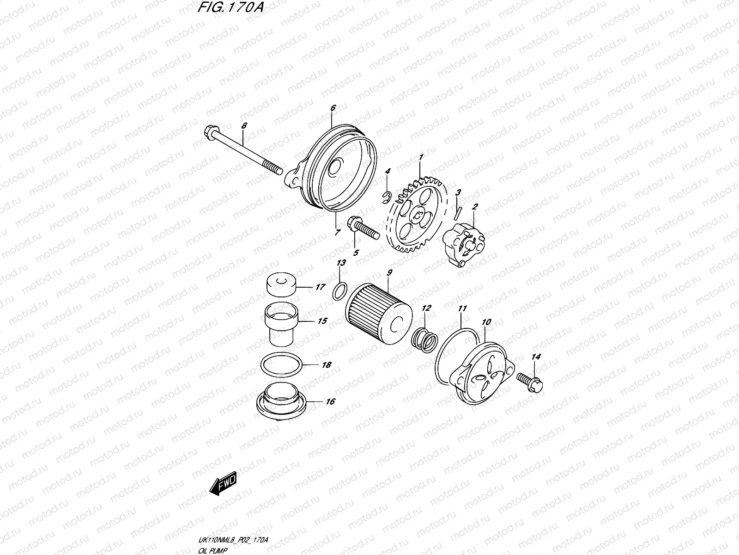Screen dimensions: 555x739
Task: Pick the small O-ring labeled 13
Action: pyautogui.click(x=339, y=291)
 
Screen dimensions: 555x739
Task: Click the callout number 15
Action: pyautogui.click(x=322, y=321)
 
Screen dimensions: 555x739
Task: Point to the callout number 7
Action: pyautogui.click(x=337, y=232)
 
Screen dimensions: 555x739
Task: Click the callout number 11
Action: pyautogui.click(x=462, y=308)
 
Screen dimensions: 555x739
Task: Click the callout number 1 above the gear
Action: pyautogui.click(x=421, y=158)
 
